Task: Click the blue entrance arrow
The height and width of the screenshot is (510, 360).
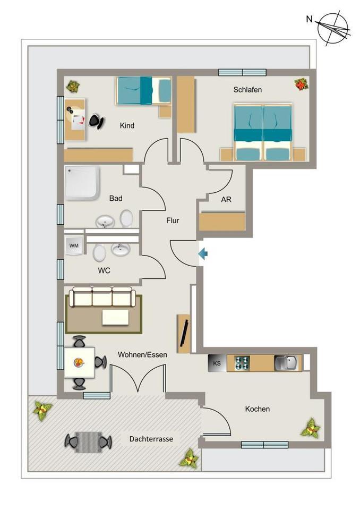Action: tap(203, 253)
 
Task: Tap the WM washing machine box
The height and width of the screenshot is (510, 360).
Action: tap(74, 245)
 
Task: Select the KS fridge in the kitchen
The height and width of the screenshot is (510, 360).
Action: tap(217, 363)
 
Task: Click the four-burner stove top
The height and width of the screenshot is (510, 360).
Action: tap(242, 363)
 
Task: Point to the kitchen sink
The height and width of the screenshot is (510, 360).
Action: tap(286, 363)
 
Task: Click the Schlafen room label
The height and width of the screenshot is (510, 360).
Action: tap(247, 89)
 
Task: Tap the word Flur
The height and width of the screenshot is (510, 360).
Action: tap(173, 220)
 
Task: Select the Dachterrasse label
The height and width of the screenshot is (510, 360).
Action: tap(151, 439)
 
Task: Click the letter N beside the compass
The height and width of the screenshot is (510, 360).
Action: tap(309, 19)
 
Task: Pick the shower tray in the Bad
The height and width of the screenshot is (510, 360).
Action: tap(82, 182)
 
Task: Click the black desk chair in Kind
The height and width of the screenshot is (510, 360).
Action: tap(97, 121)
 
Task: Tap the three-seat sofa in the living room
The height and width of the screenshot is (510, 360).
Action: tap(102, 296)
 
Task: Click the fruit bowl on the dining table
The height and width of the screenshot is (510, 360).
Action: tap(79, 362)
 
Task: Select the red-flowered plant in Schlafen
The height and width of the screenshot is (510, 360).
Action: tap(302, 84)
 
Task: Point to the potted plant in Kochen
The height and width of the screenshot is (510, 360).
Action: tap(311, 428)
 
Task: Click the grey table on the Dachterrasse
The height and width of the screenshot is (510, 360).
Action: tap(88, 442)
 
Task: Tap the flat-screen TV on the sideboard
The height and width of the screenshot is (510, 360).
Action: tap(185, 334)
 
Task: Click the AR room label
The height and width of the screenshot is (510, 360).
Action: tap(226, 199)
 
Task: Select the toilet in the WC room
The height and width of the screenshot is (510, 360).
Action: tap(99, 253)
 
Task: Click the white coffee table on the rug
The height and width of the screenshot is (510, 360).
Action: tap(115, 317)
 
